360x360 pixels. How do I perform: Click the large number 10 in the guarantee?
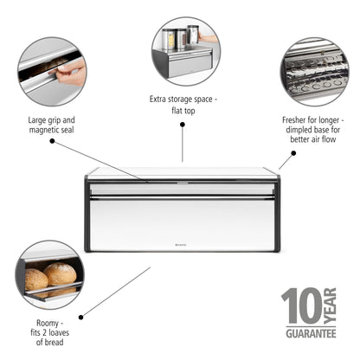303,306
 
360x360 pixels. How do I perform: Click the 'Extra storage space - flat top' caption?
183,106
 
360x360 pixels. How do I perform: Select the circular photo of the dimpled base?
313,71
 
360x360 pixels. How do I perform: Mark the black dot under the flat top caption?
183,125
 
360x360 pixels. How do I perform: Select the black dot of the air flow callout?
293,155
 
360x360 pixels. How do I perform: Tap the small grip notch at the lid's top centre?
182,183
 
